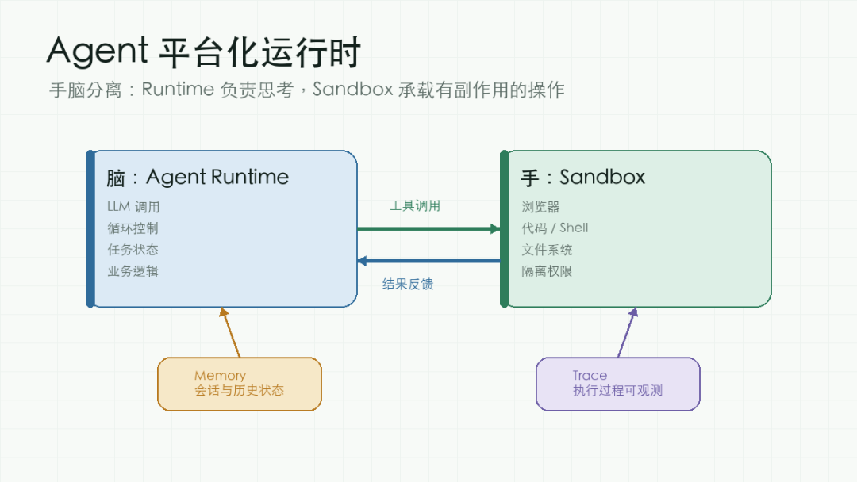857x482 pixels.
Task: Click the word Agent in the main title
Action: point(98,52)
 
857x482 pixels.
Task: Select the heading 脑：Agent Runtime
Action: point(198,178)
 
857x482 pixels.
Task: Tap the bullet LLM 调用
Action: point(133,207)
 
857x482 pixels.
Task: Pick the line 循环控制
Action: point(133,228)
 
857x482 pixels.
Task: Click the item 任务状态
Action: point(133,250)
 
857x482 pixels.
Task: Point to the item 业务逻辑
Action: point(133,271)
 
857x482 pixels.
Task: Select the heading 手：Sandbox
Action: point(582,178)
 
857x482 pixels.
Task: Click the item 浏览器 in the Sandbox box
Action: point(540,207)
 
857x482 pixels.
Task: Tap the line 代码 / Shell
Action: point(555,228)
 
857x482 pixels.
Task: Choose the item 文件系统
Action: point(547,250)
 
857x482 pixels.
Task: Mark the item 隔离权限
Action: point(547,271)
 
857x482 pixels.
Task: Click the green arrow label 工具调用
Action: point(415,206)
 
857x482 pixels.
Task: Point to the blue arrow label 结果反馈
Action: point(408,284)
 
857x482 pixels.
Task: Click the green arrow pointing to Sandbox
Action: point(429,229)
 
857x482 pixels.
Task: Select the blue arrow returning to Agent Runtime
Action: point(429,261)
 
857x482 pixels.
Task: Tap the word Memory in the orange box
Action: point(221,376)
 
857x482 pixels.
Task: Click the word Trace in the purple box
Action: point(590,376)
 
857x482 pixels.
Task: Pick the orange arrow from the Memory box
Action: point(230,332)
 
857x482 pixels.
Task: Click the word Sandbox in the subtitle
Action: point(352,90)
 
